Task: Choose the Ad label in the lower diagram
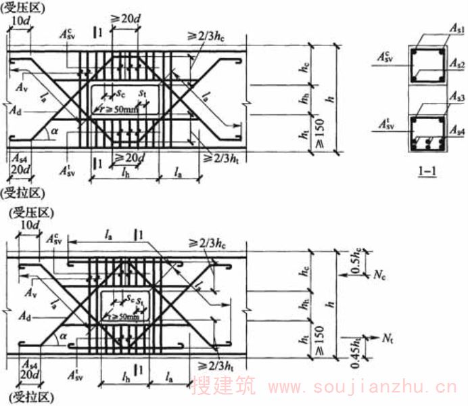click(25, 316)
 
